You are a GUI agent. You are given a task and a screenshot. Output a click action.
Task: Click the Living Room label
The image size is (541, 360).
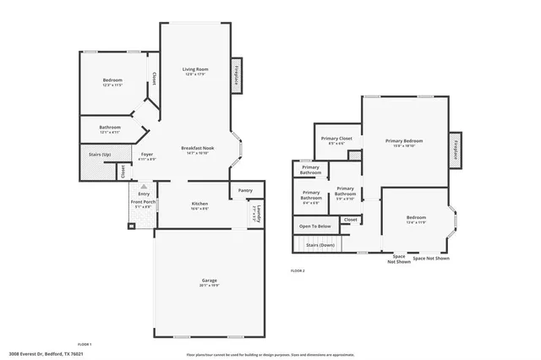(x=195, y=69)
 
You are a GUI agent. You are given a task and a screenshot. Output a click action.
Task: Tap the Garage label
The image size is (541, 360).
(x=209, y=280)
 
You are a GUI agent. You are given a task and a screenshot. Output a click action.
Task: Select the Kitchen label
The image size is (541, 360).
(x=199, y=204)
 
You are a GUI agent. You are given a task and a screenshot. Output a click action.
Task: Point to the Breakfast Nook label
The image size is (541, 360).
(x=196, y=148)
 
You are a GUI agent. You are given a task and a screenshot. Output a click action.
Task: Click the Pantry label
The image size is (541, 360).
(x=245, y=190)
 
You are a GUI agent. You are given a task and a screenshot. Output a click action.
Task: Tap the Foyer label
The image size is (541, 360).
(x=147, y=155)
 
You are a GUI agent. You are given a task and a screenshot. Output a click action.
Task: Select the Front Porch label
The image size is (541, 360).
(x=142, y=203)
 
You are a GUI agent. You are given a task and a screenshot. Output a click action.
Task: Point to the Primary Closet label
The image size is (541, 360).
(x=336, y=138)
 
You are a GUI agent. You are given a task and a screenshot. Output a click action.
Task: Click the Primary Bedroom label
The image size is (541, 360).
(x=404, y=141)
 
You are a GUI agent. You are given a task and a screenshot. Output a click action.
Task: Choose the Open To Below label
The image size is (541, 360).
(x=314, y=226)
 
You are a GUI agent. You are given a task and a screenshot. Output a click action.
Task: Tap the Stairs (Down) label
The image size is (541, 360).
(x=320, y=244)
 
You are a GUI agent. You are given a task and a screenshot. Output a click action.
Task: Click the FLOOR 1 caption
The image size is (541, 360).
(x=85, y=345)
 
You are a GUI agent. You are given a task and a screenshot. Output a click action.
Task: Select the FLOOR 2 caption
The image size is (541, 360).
(x=297, y=270)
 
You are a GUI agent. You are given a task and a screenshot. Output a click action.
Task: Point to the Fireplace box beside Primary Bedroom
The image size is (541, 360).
(x=455, y=150)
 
